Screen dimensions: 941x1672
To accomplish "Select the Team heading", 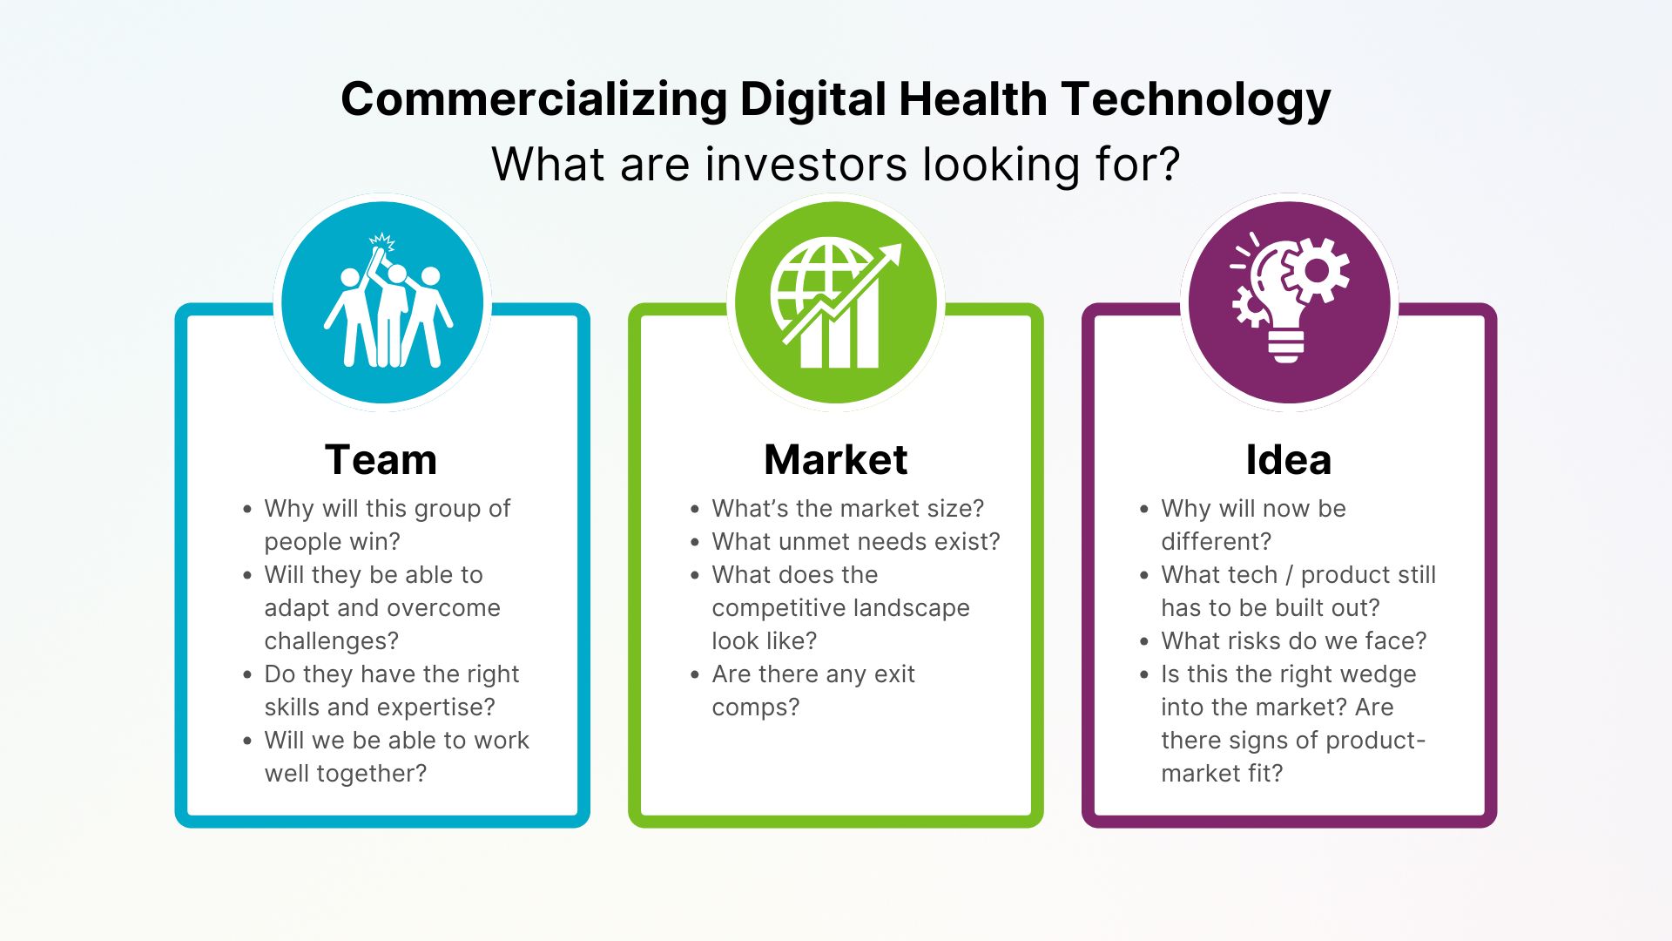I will pos(381,459).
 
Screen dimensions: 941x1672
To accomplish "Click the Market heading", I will pos(835,459).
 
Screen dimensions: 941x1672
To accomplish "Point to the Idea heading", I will pos(1288,459).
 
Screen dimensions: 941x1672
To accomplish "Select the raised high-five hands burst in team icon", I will pos(381,241).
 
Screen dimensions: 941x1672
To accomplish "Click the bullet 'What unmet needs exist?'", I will pos(855,542).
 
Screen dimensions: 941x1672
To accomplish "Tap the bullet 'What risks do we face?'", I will pos(1293,641).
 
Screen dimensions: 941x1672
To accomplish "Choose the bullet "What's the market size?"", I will pos(847,509).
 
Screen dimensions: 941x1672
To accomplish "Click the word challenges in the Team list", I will pos(331,641).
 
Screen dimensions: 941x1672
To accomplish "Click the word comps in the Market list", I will pos(750,707).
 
